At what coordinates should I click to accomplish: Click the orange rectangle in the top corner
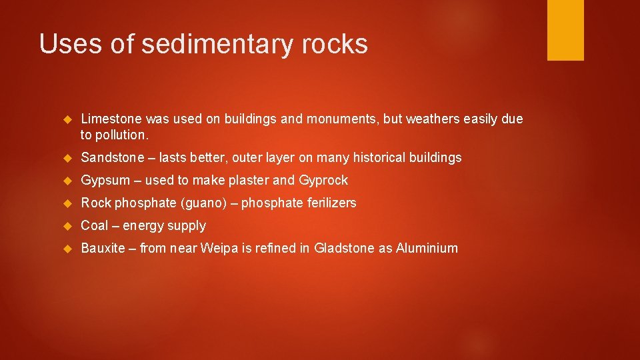pos(565,30)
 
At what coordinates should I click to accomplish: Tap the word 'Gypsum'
pos(105,181)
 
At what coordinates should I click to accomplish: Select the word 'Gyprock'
pos(323,181)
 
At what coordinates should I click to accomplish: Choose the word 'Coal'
pos(95,225)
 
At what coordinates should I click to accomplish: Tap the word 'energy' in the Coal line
pos(142,226)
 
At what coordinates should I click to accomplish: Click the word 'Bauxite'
pos(103,248)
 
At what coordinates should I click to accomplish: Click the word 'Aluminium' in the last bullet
pos(427,248)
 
